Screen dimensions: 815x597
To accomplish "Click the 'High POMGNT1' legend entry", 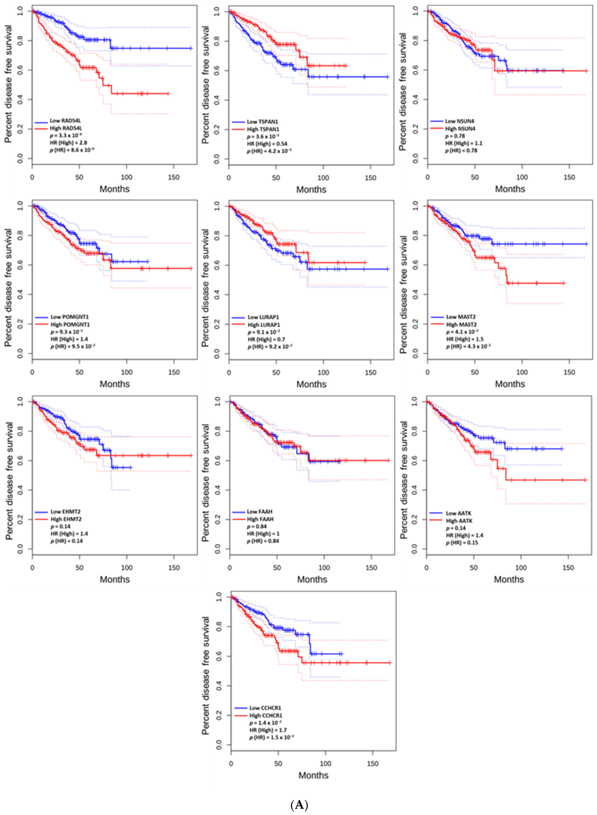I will [70, 324].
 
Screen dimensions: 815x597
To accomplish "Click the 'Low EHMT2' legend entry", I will [65, 512].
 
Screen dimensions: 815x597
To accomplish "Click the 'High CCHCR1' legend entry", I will [266, 716].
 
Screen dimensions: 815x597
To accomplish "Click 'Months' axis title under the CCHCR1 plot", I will [313, 775].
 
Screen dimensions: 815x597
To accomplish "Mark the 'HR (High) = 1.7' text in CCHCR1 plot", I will [268, 730].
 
